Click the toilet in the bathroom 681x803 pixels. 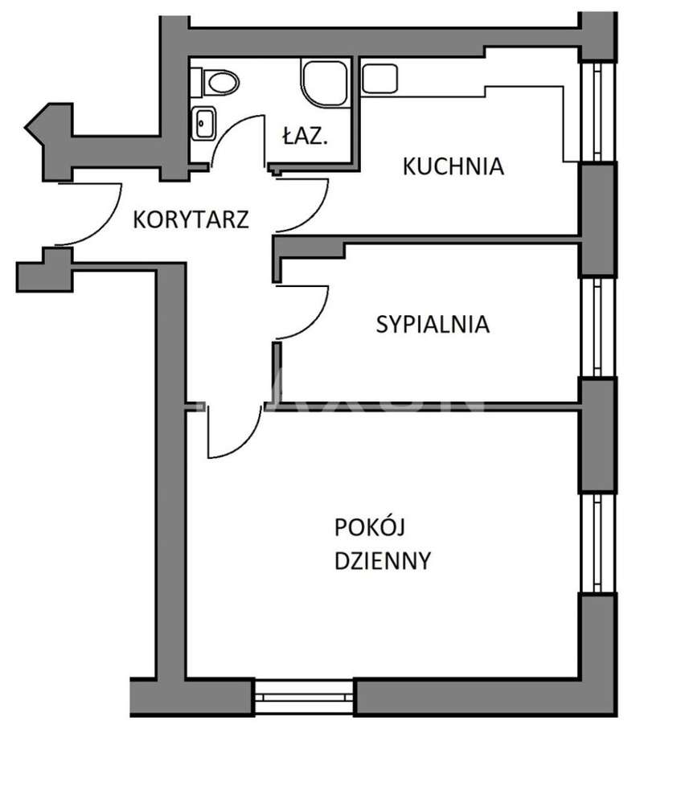click(x=219, y=81)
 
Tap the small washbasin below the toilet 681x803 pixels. click(x=203, y=123)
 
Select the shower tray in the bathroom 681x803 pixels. click(x=326, y=81)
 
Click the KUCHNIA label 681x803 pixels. click(x=453, y=166)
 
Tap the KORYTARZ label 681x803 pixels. click(x=191, y=219)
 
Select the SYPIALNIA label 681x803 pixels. click(x=433, y=325)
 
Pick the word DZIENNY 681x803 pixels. click(x=383, y=559)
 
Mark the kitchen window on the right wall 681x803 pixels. click(x=597, y=113)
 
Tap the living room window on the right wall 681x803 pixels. click(x=597, y=543)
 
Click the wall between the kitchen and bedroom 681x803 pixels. click(x=426, y=240)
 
